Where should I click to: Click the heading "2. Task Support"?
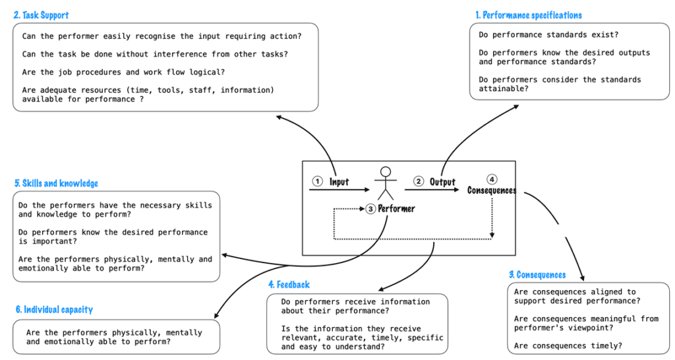pos(41,15)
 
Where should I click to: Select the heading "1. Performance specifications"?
pos(529,15)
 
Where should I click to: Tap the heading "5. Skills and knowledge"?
pos(56,183)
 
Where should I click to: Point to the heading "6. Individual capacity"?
pos(53,309)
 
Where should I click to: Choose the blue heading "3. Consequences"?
pos(537,274)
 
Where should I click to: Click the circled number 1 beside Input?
pos(317,181)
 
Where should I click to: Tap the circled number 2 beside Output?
pos(418,181)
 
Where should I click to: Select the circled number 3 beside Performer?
pos(370,209)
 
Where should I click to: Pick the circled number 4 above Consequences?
pos(491,179)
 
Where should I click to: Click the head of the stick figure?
pos(386,172)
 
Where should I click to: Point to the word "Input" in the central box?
pos(339,182)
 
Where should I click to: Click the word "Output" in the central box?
pos(442,182)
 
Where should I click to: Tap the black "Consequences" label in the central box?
pos(491,191)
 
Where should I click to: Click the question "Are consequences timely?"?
pos(568,345)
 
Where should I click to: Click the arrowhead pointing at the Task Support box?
pos(279,117)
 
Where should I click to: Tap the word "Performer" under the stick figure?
pos(396,209)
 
